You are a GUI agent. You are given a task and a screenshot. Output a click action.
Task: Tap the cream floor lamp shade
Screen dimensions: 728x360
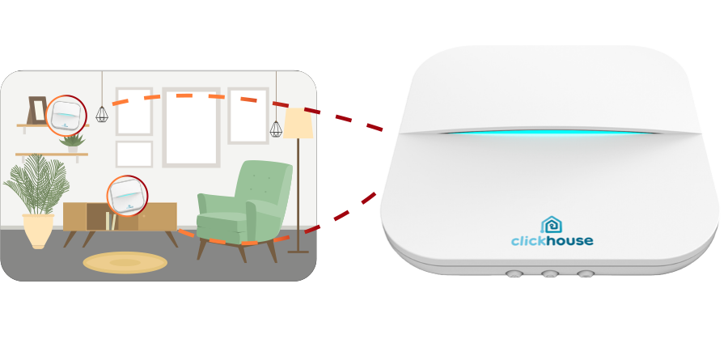click(x=298, y=123)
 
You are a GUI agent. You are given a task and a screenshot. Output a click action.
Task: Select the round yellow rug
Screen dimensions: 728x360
click(x=125, y=263)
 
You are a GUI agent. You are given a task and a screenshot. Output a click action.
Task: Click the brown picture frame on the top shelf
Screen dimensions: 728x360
click(x=37, y=110)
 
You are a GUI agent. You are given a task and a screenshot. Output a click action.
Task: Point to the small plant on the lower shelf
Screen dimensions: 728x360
click(x=73, y=143)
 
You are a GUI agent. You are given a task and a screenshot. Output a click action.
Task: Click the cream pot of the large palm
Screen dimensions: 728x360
click(x=38, y=231)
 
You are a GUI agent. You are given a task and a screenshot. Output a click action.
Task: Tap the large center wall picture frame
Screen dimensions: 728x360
click(x=191, y=127)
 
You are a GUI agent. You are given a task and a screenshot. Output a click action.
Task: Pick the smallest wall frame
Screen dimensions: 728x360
click(x=133, y=155)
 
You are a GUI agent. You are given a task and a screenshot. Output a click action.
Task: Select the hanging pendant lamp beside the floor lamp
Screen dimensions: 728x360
click(x=277, y=129)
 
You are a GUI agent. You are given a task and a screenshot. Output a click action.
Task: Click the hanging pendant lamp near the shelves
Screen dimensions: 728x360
click(x=102, y=114)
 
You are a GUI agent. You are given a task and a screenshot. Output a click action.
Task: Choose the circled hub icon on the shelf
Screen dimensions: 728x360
click(x=66, y=115)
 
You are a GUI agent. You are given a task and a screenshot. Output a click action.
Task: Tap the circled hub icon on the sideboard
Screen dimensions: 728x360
click(x=127, y=196)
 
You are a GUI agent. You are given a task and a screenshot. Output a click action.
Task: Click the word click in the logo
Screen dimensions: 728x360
click(x=528, y=240)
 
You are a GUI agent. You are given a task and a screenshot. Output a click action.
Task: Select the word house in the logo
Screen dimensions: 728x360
click(x=569, y=240)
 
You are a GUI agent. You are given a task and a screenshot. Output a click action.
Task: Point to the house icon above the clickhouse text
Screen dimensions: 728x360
click(x=552, y=225)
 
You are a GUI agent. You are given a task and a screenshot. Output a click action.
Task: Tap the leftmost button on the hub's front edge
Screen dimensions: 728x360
click(x=514, y=273)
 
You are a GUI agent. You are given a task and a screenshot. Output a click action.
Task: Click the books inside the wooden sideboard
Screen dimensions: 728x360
click(x=111, y=221)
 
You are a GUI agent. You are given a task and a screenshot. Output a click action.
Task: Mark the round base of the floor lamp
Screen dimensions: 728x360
click(x=298, y=252)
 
